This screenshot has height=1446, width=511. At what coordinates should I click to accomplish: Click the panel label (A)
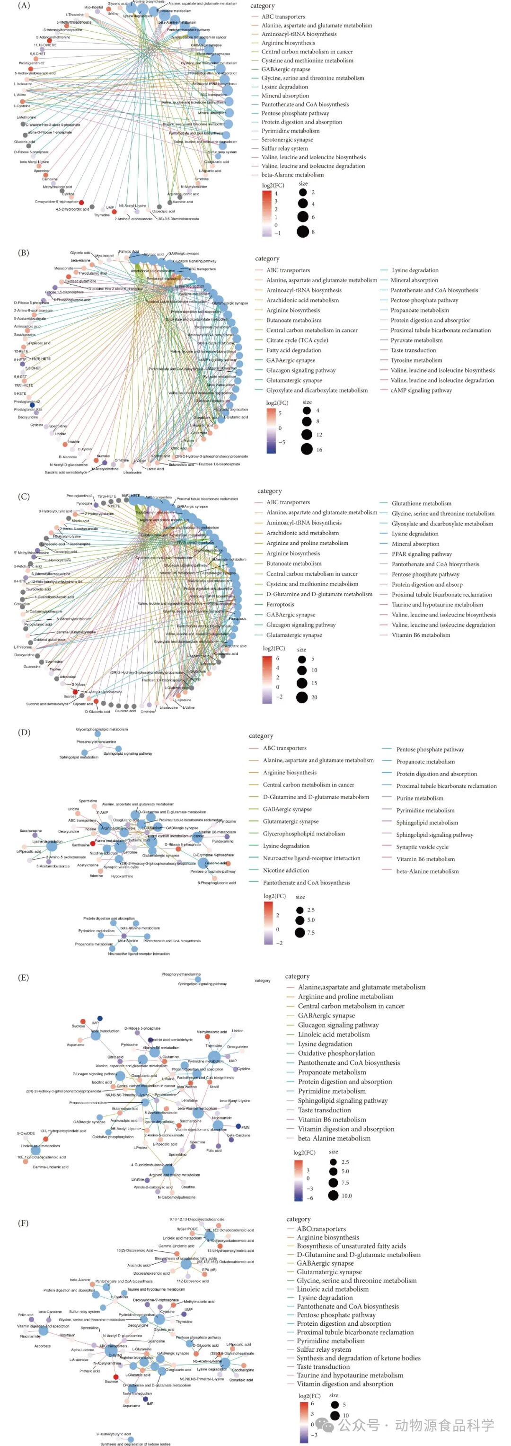pyautogui.click(x=24, y=6)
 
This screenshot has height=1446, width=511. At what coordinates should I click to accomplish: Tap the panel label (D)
pyautogui.click(x=24, y=732)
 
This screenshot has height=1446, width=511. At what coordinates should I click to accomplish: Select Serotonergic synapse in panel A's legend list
pyautogui.click(x=287, y=140)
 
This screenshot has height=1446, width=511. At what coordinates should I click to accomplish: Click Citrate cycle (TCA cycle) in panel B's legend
pyautogui.click(x=297, y=340)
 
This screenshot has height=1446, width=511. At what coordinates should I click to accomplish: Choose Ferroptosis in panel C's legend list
pyautogui.click(x=280, y=605)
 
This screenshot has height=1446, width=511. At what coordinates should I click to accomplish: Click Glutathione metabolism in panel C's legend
pyautogui.click(x=421, y=503)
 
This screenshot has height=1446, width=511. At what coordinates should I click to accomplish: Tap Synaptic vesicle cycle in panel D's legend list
pyautogui.click(x=422, y=847)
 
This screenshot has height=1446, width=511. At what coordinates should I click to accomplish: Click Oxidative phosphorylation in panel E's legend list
pyautogui.click(x=336, y=1053)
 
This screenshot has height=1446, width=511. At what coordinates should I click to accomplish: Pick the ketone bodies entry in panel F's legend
pyautogui.click(x=359, y=1358)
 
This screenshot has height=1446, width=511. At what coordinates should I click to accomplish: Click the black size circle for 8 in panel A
pyautogui.click(x=303, y=231)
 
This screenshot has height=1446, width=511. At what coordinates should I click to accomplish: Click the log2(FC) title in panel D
pyautogui.click(x=274, y=896)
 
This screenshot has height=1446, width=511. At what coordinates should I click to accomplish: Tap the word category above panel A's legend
pyautogui.click(x=263, y=6)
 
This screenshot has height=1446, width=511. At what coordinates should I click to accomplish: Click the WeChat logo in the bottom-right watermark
pyautogui.click(x=326, y=1425)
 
